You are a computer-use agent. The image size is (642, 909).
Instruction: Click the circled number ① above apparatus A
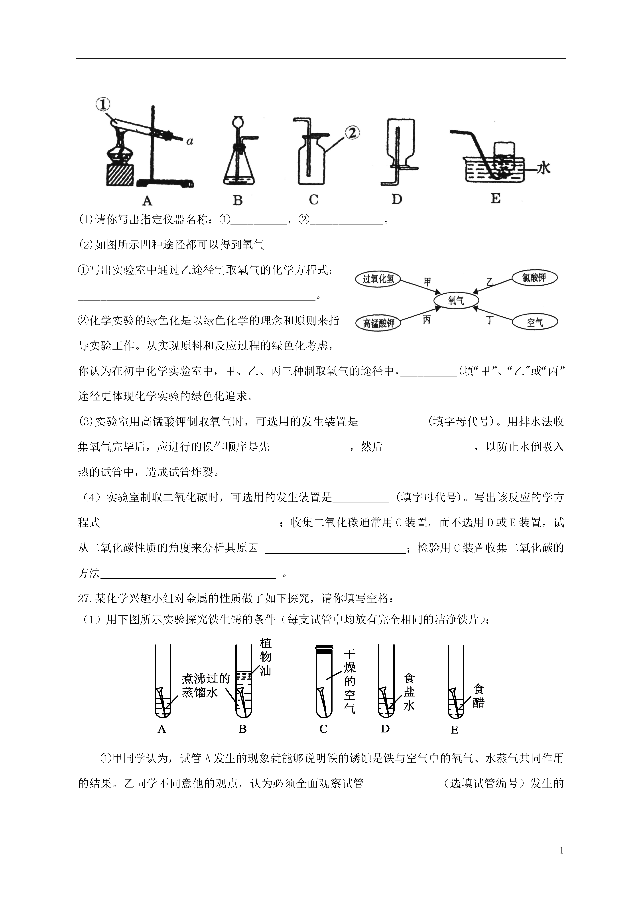click(x=103, y=105)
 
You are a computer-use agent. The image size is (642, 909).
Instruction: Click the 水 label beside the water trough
click(x=544, y=168)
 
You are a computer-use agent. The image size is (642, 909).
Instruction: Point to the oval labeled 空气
click(x=534, y=322)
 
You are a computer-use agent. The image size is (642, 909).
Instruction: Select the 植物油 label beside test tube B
click(x=265, y=656)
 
